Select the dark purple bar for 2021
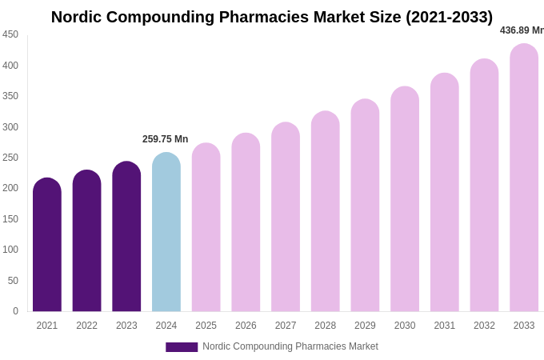point(47,245)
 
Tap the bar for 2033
point(524,178)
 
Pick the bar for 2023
point(126,237)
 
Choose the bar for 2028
point(326,211)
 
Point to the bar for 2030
point(405,199)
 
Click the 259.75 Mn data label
point(166,139)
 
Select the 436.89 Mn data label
point(522,30)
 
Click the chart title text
point(272,17)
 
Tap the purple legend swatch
point(182,347)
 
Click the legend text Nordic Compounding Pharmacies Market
point(290,346)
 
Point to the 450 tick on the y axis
point(10,34)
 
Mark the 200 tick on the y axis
point(10,188)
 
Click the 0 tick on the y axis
point(15,311)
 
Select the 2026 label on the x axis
point(246,326)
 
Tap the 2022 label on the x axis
point(86,326)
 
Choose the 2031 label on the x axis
point(445,326)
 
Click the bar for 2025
point(206,227)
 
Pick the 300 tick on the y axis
point(10,126)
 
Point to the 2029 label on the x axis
point(365,326)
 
